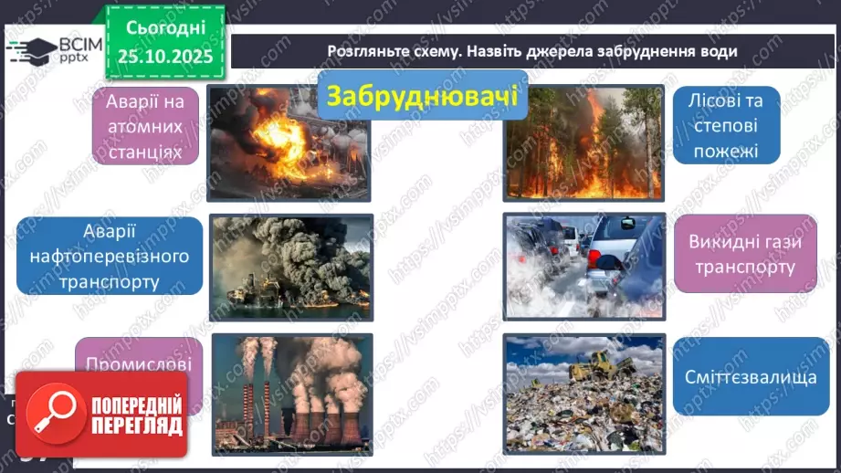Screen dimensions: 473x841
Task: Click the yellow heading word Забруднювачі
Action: click(x=421, y=96)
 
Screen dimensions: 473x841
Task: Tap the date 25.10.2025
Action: click(x=165, y=55)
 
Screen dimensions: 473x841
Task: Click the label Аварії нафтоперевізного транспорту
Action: click(x=110, y=256)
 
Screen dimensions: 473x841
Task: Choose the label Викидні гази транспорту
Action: click(x=742, y=255)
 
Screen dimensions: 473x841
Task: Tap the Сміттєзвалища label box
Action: click(x=738, y=376)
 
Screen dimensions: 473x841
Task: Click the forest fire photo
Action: click(x=583, y=142)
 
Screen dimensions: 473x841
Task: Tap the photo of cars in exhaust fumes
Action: click(x=583, y=267)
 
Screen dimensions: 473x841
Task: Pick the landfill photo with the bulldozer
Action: click(x=583, y=393)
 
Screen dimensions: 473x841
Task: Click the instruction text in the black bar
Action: click(x=532, y=51)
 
